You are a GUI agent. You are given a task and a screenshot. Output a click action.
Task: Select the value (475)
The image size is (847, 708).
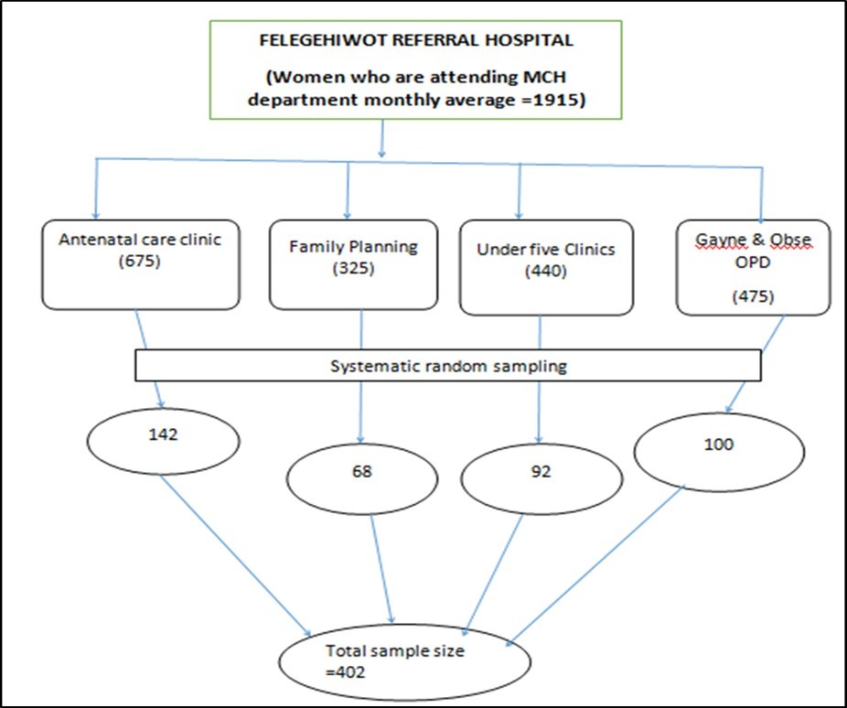pos(754,298)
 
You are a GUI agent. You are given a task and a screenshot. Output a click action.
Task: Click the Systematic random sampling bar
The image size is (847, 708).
pos(448,365)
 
